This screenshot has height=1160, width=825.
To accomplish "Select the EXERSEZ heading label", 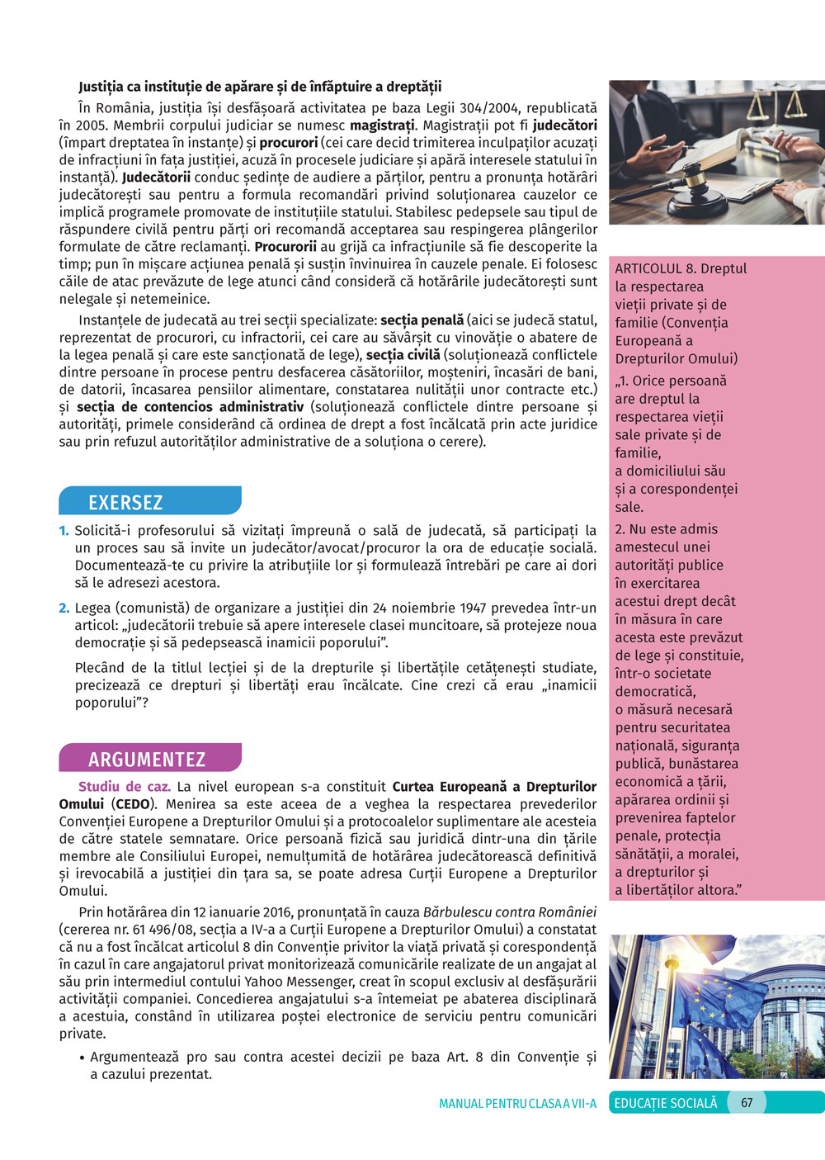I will [x=125, y=502].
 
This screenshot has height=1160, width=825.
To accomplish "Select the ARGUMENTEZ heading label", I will [x=147, y=759].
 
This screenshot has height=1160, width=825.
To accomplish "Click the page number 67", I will [x=747, y=1103].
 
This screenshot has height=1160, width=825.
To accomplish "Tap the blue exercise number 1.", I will [x=64, y=531].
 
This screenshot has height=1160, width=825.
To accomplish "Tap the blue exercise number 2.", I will [x=64, y=608].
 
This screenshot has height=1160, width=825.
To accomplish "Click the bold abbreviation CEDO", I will [x=132, y=803].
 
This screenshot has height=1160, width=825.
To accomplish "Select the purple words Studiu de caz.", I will [x=125, y=786].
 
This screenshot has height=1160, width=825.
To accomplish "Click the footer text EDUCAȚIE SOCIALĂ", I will [x=665, y=1103].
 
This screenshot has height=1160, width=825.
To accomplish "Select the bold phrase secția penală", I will [x=422, y=320].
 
